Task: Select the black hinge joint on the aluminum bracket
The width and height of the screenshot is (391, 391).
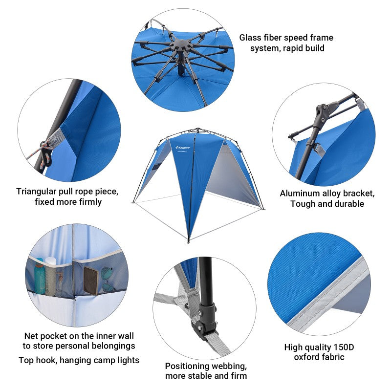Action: click(323, 112)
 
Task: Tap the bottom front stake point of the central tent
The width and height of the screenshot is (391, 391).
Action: click(189, 241)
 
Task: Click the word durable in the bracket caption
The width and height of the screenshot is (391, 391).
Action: click(348, 204)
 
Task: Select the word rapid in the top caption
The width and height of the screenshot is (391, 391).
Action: click(289, 48)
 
